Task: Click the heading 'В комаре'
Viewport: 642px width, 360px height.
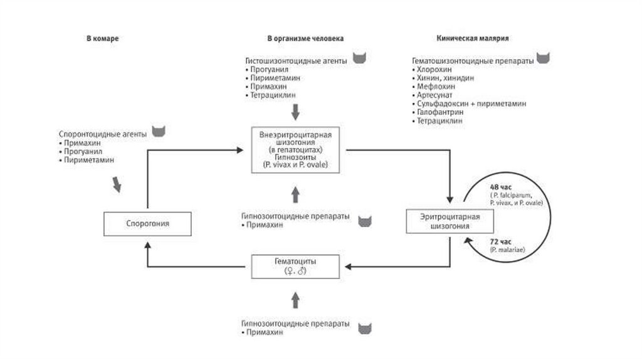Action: (102, 38)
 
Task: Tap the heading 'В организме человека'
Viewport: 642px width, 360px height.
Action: (305, 38)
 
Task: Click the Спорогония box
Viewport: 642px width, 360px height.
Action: (148, 223)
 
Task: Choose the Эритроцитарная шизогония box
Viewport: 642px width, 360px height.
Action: (450, 221)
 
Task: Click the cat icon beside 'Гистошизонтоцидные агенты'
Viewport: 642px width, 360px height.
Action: (359, 58)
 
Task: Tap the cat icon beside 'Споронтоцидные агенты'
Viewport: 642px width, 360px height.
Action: (160, 132)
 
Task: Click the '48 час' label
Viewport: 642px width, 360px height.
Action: (500, 187)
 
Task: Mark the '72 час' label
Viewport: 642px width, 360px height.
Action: (500, 241)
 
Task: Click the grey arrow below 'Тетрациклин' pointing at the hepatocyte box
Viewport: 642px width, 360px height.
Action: (296, 112)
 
